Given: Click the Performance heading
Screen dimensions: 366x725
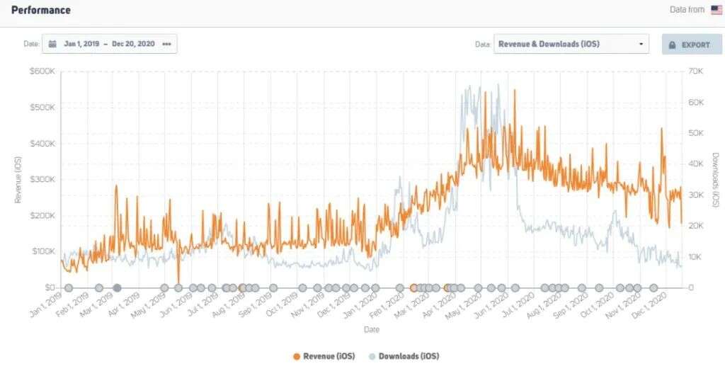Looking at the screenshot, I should [x=40, y=11].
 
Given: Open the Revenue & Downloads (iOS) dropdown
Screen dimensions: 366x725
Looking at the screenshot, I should [x=571, y=44].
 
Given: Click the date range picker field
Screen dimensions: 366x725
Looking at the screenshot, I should [x=110, y=44].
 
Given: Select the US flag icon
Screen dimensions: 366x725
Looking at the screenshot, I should [x=717, y=10].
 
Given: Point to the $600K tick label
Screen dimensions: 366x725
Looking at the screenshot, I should [x=42, y=72].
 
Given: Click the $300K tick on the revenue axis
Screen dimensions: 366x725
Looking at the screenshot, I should [x=42, y=179].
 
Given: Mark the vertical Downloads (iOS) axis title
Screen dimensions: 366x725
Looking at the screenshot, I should [x=715, y=179].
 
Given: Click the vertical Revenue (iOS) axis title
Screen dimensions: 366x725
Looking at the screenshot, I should [x=18, y=179].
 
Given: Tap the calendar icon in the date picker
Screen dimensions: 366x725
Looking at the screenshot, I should [x=53, y=44].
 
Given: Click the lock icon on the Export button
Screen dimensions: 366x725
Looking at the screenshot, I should [x=673, y=45].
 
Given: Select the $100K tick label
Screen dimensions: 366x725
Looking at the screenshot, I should [x=42, y=251].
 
